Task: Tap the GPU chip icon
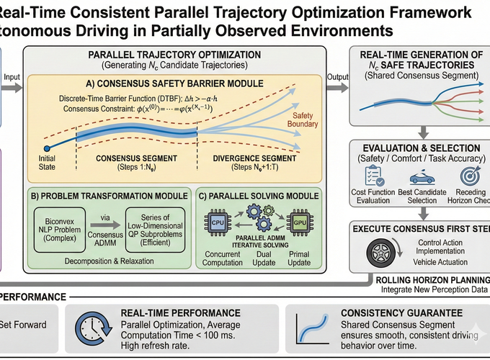coord(298,220)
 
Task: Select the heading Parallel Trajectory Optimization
coord(176,55)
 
